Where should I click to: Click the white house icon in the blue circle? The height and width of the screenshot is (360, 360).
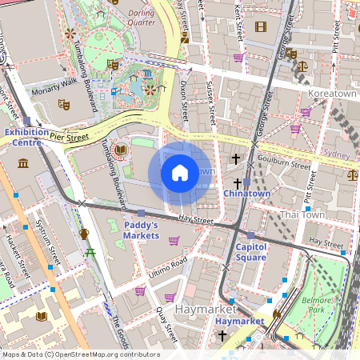(180, 172)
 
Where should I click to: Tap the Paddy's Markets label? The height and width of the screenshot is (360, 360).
(141, 230)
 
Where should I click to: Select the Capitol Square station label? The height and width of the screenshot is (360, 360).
(250, 252)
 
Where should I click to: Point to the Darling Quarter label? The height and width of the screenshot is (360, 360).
(142, 17)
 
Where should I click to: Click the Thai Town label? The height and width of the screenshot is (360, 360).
(301, 215)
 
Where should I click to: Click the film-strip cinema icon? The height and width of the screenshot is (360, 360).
(260, 26)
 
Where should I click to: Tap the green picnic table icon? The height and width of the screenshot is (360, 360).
(90, 254)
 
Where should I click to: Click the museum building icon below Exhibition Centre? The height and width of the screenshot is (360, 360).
(23, 163)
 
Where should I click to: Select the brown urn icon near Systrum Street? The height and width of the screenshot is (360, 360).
(84, 234)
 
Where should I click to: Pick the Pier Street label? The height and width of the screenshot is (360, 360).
(68, 138)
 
